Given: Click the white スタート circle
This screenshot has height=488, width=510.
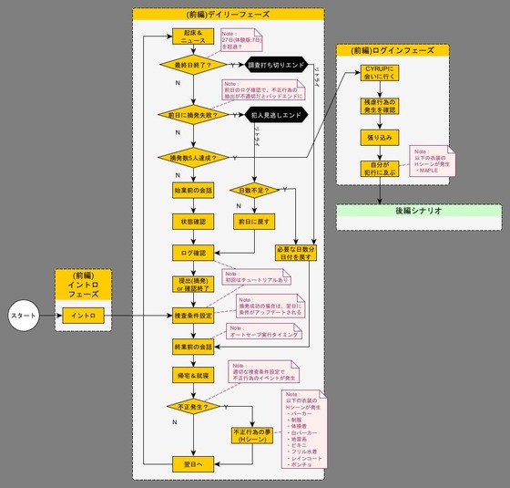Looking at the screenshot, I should [x=24, y=316].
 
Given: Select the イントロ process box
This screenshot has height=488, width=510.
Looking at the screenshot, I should [x=83, y=316].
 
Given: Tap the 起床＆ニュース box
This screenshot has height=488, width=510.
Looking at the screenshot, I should [x=191, y=36].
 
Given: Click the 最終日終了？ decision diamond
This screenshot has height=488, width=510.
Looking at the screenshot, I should [x=191, y=65].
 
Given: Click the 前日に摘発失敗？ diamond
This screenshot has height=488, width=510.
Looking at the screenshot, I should [x=191, y=115].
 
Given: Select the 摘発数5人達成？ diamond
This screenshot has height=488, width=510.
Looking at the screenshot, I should [x=191, y=157].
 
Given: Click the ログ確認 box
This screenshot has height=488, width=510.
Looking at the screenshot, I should [x=191, y=251].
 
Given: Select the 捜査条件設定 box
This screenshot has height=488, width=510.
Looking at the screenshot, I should [x=191, y=316].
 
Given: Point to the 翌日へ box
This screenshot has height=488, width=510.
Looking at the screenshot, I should [x=191, y=465].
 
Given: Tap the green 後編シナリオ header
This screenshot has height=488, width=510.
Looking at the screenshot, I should [x=418, y=212].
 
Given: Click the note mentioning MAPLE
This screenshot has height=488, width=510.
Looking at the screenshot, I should [x=434, y=161].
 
